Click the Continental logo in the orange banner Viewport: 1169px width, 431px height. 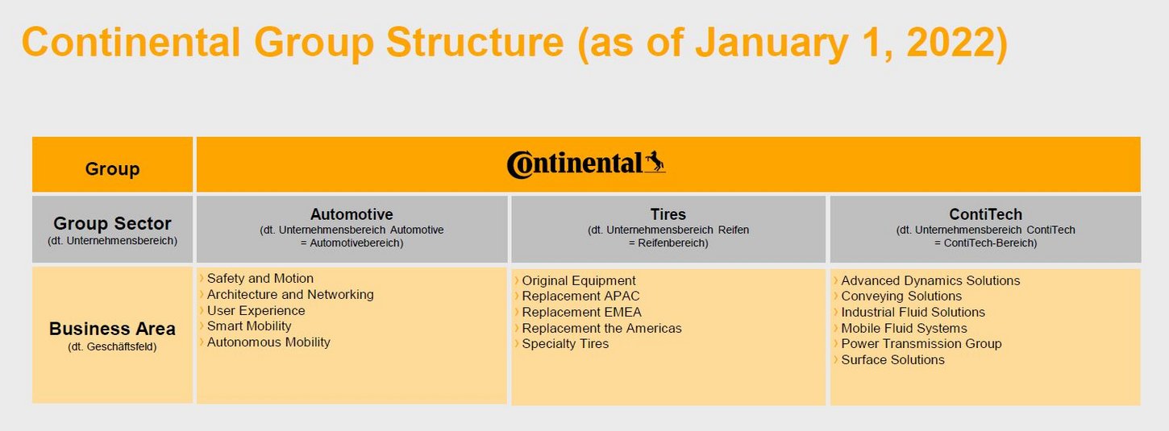point(586,164)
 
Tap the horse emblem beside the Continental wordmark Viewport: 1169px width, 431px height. point(655,161)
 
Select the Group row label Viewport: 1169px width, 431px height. point(112,169)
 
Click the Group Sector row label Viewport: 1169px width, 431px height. point(112,223)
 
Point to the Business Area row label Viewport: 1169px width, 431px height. point(112,329)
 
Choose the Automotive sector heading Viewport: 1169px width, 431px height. point(352,214)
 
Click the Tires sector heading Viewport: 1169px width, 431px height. point(668,214)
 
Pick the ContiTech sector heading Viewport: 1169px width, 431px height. point(985,214)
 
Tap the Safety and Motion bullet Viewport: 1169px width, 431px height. point(260,279)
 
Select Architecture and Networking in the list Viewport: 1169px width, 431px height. point(290,294)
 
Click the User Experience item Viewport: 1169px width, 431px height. point(256,310)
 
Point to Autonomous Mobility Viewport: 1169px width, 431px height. point(268,342)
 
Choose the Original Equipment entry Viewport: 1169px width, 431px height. point(579,280)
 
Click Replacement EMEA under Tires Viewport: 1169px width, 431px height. point(581,312)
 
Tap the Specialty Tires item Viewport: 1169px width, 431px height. point(565,344)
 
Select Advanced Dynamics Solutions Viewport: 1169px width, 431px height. point(930,280)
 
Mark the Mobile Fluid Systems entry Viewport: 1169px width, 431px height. point(904,328)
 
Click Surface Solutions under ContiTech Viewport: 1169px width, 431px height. point(893,360)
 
